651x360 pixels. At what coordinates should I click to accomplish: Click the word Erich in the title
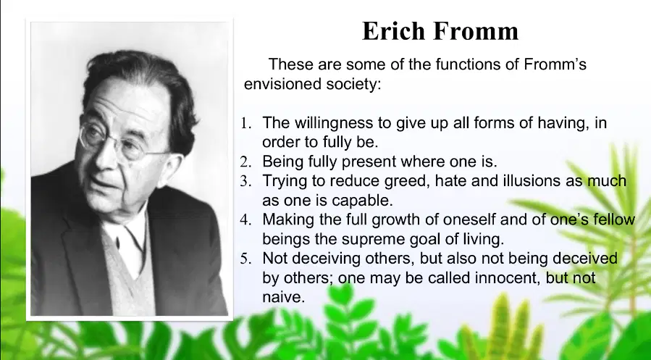coord(393,30)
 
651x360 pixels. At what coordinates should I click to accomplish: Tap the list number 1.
coord(245,123)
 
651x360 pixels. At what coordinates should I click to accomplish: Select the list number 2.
coord(245,162)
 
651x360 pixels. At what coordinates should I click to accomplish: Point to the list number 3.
coord(245,181)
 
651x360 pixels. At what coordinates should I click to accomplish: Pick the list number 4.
coord(245,219)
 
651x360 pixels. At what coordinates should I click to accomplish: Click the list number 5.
coord(245,259)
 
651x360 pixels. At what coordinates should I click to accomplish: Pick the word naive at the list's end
coord(284,297)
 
